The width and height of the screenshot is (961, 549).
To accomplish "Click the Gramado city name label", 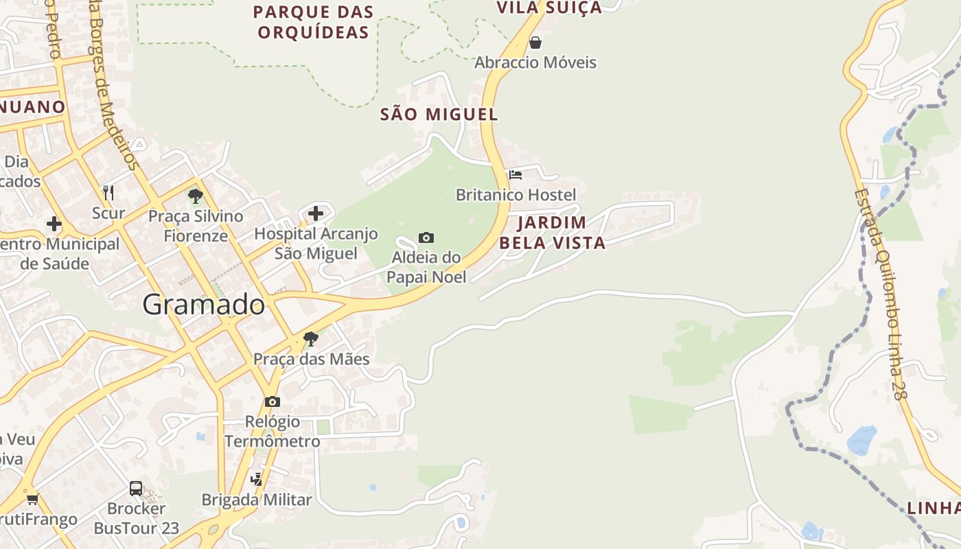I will tap(204, 305).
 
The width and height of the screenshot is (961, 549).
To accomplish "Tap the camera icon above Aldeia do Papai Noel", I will tap(426, 237).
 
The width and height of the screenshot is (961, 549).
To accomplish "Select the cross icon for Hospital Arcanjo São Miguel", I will tap(316, 213).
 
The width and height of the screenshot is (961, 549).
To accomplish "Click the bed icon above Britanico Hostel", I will tap(516, 174).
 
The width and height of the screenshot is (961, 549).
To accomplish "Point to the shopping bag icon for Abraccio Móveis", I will tap(535, 43).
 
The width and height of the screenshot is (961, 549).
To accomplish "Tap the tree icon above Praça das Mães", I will tap(311, 338).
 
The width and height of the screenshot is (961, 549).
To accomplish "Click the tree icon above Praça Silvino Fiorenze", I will tap(196, 196).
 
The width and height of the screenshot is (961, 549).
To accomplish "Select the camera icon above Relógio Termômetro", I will tap(273, 401).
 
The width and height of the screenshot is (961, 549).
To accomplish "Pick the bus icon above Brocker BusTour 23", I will tap(136, 489).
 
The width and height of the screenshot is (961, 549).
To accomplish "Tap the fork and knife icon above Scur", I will tap(108, 192).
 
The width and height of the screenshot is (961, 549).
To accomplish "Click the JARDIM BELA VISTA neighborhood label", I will tap(552, 233).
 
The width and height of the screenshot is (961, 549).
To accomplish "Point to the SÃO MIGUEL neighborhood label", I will tap(439, 115).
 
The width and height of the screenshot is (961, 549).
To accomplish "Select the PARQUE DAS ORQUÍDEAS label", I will tap(313, 22).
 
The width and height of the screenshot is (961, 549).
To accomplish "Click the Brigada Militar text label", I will tap(257, 500).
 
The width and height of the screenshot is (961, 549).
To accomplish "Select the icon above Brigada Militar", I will tap(257, 479).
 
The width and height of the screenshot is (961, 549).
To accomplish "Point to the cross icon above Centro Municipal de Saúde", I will tap(54, 224).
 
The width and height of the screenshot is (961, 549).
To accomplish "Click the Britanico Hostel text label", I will tap(516, 195).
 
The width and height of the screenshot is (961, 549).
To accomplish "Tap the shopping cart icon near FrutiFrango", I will tap(32, 499).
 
